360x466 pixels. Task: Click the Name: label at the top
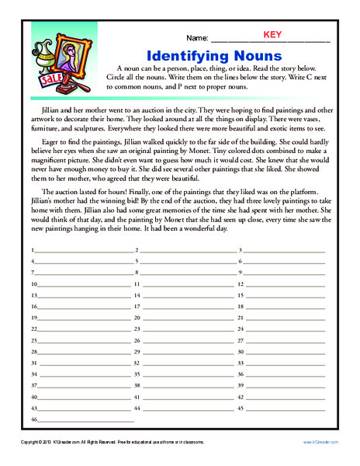point(197,38)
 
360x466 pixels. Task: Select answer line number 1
point(81,273)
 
